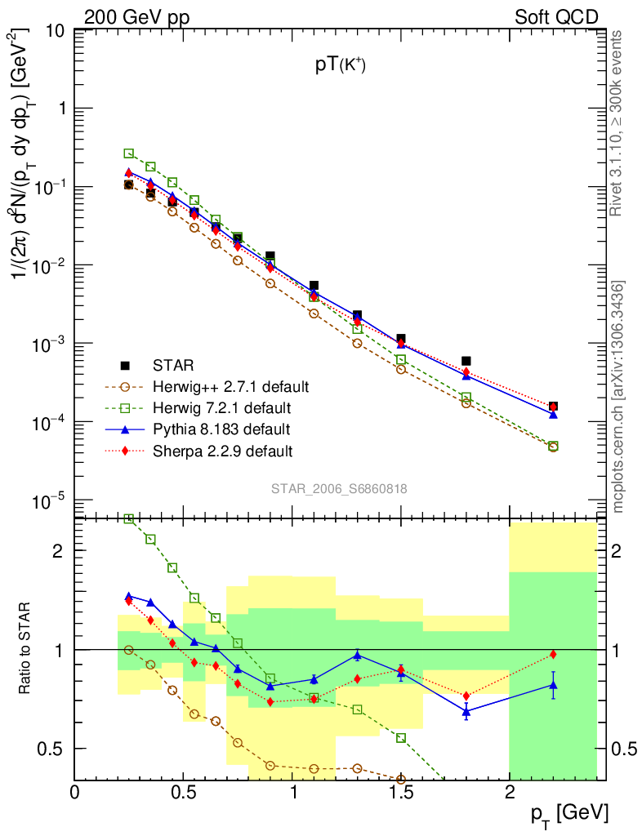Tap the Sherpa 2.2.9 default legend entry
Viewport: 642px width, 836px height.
click(222, 451)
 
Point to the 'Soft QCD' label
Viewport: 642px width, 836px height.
click(556, 16)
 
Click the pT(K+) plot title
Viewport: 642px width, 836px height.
click(340, 67)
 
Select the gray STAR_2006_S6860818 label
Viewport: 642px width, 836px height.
click(339, 488)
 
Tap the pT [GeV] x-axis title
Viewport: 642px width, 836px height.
click(569, 814)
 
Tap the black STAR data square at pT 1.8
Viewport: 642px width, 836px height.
click(466, 361)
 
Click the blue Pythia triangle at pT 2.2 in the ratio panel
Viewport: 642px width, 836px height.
click(553, 685)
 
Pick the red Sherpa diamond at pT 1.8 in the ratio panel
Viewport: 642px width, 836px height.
click(466, 696)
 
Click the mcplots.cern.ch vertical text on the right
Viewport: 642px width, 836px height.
click(618, 397)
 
